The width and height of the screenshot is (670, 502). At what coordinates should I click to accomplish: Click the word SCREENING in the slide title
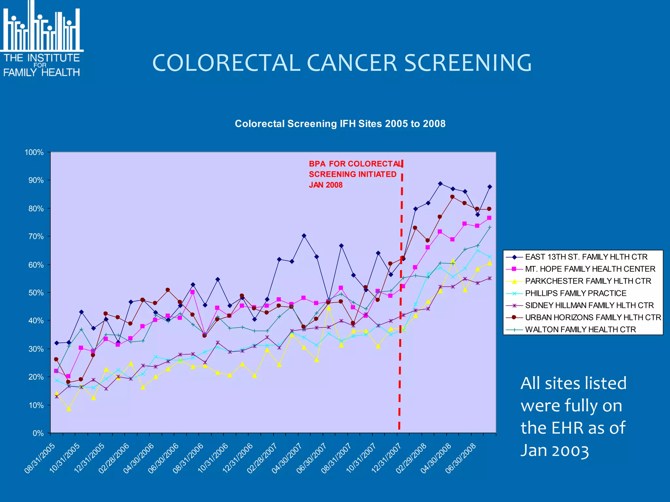click(x=468, y=63)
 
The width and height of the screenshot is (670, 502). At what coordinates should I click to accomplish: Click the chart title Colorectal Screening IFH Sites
click(x=340, y=124)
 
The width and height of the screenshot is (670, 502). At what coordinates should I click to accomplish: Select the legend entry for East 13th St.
click(x=586, y=257)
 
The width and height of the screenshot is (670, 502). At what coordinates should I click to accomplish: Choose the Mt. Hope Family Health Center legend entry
click(x=590, y=269)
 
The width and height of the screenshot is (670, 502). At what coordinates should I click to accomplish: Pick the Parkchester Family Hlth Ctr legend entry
click(x=588, y=281)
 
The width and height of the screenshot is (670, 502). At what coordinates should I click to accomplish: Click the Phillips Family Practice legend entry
click(x=575, y=293)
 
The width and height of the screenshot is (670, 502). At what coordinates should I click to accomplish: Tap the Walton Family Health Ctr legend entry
click(x=580, y=329)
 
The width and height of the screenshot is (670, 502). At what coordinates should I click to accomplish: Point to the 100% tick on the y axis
click(x=34, y=152)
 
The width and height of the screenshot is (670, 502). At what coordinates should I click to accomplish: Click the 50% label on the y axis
click(x=36, y=293)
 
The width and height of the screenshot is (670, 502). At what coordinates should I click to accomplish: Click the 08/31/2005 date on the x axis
click(x=40, y=459)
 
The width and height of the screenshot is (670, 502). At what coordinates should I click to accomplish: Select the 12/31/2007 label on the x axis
click(x=386, y=459)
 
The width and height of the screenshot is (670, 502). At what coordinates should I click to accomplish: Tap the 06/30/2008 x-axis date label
click(x=461, y=459)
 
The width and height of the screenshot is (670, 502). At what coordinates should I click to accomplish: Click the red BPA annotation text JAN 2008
click(x=326, y=185)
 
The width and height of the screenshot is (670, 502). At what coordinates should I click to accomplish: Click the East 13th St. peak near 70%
click(x=304, y=236)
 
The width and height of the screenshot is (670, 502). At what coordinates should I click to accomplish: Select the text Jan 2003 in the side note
click(x=554, y=451)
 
